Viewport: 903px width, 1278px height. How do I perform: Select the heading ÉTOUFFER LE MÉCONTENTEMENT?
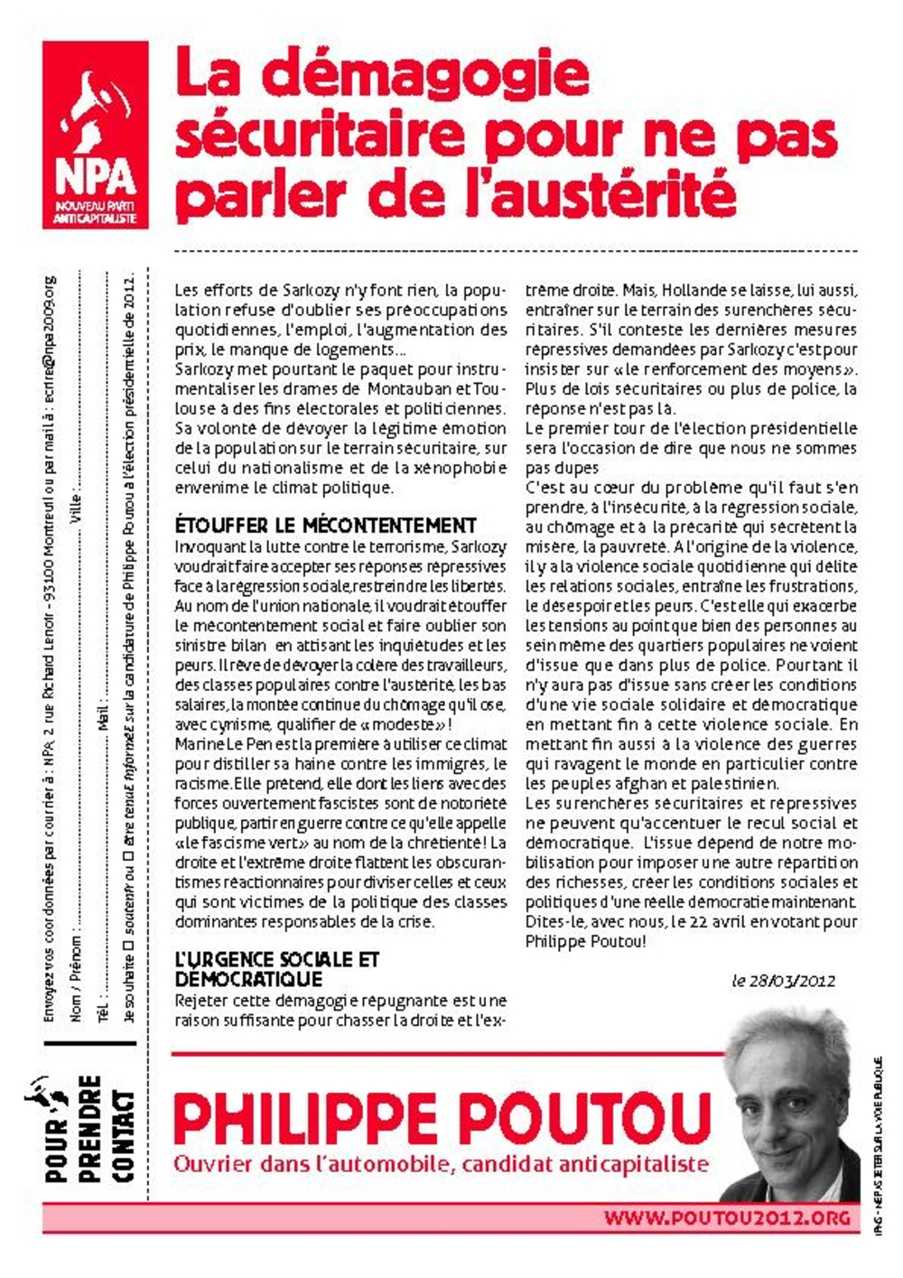coord(325,526)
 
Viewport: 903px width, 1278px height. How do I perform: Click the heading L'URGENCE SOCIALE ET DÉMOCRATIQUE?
coord(276,969)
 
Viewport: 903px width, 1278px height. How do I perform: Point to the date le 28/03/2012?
coord(784,981)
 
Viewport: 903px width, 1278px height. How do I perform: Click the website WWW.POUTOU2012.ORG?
coord(727,1217)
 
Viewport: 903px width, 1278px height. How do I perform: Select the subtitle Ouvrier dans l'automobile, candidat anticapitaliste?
coord(441,1164)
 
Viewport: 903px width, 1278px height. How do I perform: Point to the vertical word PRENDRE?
coord(90,1129)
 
